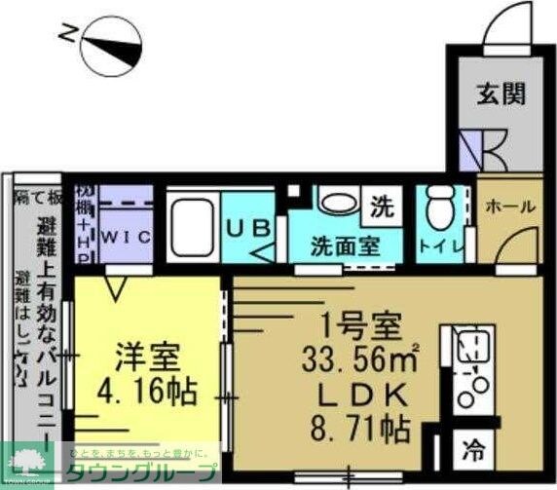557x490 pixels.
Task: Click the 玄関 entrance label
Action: pyautogui.click(x=501, y=94)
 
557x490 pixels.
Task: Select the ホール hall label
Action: pyautogui.click(x=508, y=207)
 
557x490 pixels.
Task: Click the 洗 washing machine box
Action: pyautogui.click(x=382, y=207)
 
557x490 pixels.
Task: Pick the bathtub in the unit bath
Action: pyautogui.click(x=193, y=227)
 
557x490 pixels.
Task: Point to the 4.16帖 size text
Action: pyautogui.click(x=147, y=394)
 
